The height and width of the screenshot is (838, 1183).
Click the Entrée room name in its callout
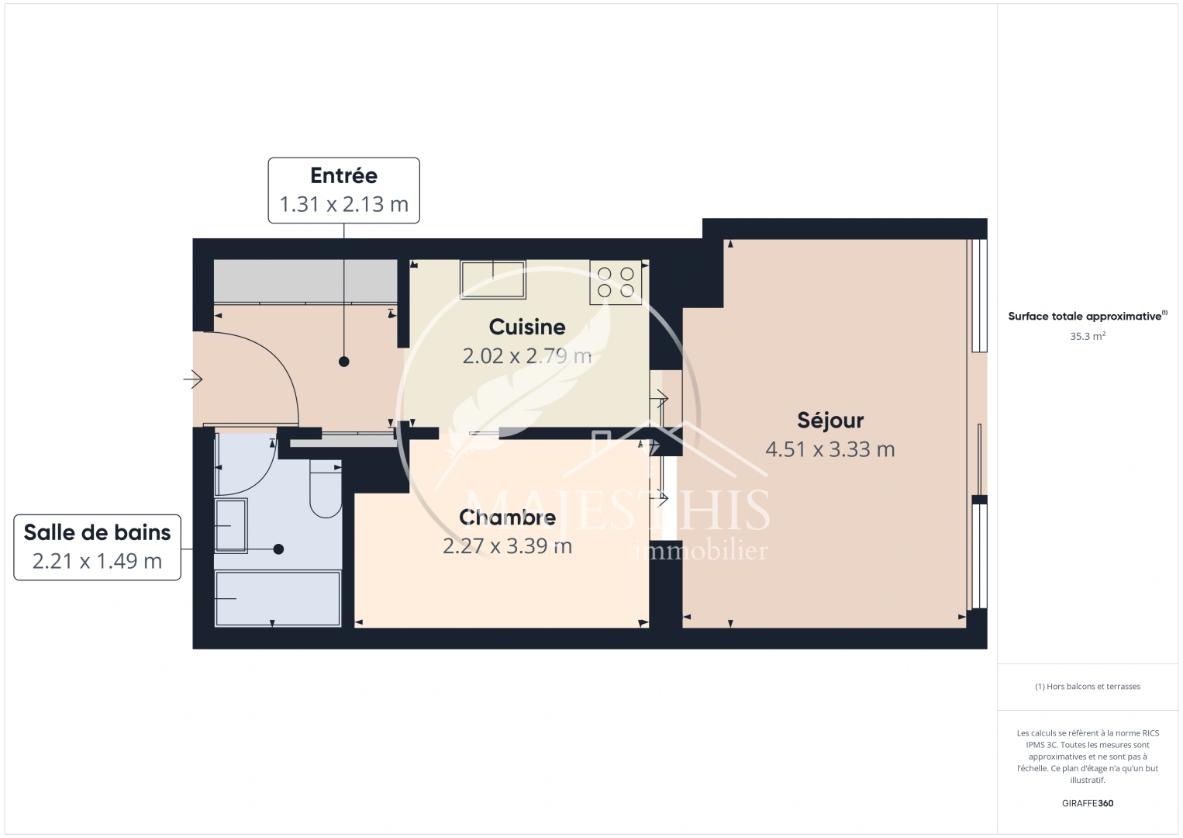[343, 176]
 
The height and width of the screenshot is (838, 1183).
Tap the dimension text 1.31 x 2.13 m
[343, 204]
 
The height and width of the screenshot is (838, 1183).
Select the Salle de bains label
[97, 532]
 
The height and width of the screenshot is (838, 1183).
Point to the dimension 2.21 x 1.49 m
[97, 561]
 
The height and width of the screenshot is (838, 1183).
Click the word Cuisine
[527, 327]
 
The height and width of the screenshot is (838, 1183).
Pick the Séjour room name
[830, 421]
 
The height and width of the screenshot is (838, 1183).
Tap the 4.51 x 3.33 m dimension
[830, 449]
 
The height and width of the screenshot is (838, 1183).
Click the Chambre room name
[507, 517]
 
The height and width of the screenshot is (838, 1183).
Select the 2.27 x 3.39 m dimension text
[507, 546]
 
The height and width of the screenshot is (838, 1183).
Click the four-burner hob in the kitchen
[616, 282]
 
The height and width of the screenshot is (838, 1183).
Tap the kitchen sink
[492, 279]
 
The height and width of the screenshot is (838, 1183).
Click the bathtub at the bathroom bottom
[278, 598]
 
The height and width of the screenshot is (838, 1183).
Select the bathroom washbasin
[231, 525]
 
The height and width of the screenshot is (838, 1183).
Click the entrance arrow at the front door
[193, 379]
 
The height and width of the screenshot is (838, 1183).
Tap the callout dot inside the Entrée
[343, 362]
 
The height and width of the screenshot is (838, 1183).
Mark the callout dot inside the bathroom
[278, 549]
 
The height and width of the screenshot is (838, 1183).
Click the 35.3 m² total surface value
[1087, 337]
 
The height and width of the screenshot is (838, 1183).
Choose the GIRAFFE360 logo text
[1087, 803]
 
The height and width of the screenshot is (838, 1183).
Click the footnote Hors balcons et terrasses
[1087, 687]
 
